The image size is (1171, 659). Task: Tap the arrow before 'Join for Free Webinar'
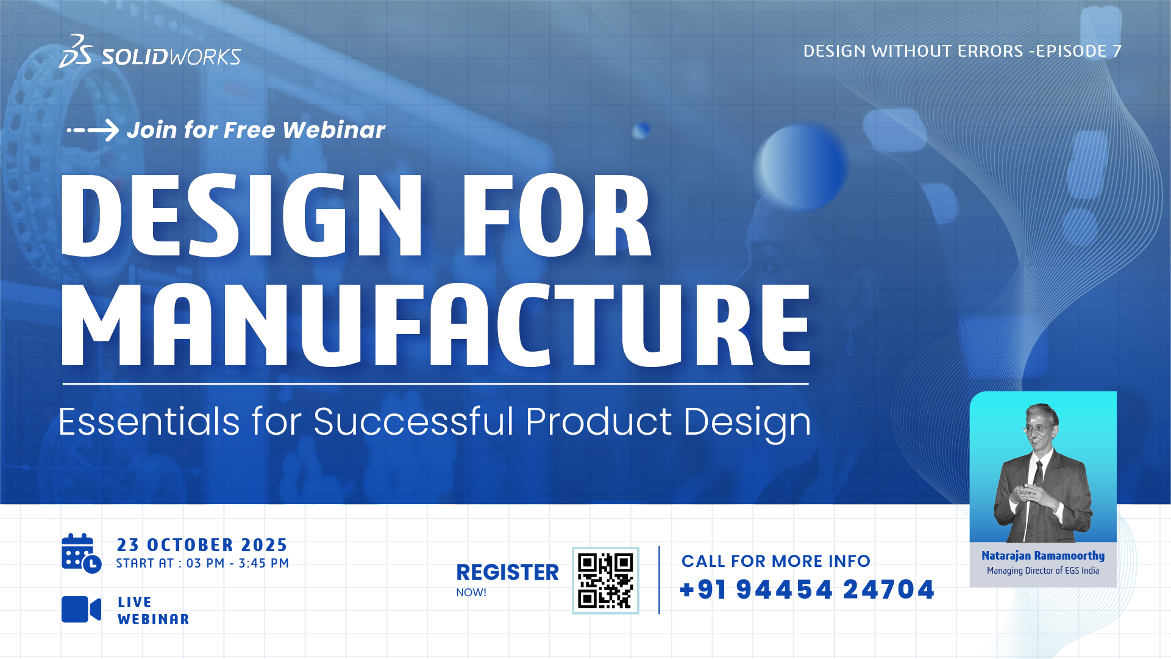93,130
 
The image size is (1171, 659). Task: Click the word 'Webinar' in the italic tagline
333,130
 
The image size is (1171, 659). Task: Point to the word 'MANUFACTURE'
436,325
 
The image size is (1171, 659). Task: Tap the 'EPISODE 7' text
1079,51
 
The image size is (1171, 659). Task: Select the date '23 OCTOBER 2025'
202,545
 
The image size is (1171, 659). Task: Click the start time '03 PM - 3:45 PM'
238,563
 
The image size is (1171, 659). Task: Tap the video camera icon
81,610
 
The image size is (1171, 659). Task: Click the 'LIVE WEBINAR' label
154,611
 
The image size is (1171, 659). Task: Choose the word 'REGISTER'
507,572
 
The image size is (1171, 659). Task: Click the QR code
605,580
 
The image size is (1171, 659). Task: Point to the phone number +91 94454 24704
807,590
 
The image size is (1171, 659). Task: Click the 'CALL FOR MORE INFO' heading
776,561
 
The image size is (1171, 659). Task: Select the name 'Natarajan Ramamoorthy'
1043,555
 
